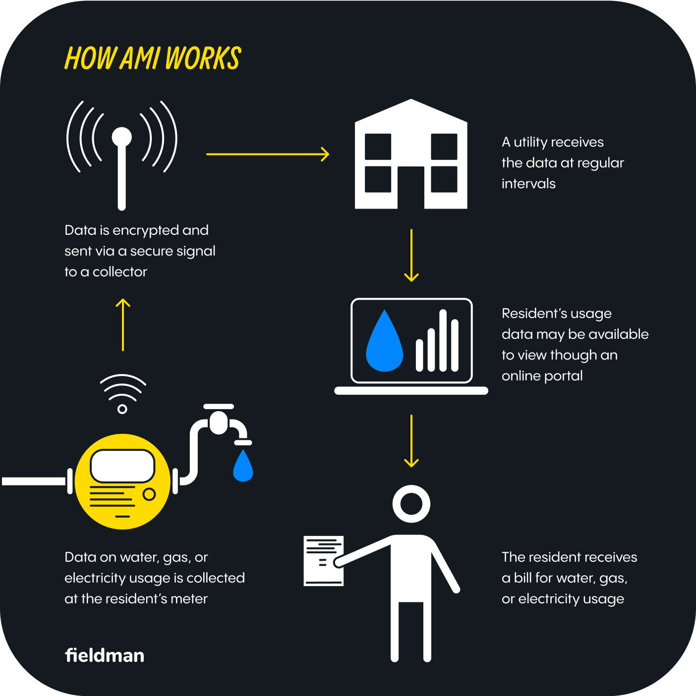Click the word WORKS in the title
pyautogui.click(x=203, y=58)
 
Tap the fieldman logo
pyautogui.click(x=105, y=655)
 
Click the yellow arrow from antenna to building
pyautogui.click(x=268, y=154)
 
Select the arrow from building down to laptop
pyautogui.click(x=411, y=255)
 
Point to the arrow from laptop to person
pyautogui.click(x=411, y=441)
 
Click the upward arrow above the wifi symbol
pyautogui.click(x=123, y=324)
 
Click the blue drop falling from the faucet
pyautogui.click(x=243, y=466)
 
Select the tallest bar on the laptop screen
pyautogui.click(x=443, y=340)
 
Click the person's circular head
pyautogui.click(x=411, y=504)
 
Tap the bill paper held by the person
pyautogui.click(x=323, y=561)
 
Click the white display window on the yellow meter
pyautogui.click(x=122, y=466)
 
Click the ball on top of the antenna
pyautogui.click(x=122, y=137)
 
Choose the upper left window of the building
pyautogui.click(x=378, y=146)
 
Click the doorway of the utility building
pyautogui.click(x=411, y=188)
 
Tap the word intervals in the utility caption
pyautogui.click(x=528, y=184)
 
